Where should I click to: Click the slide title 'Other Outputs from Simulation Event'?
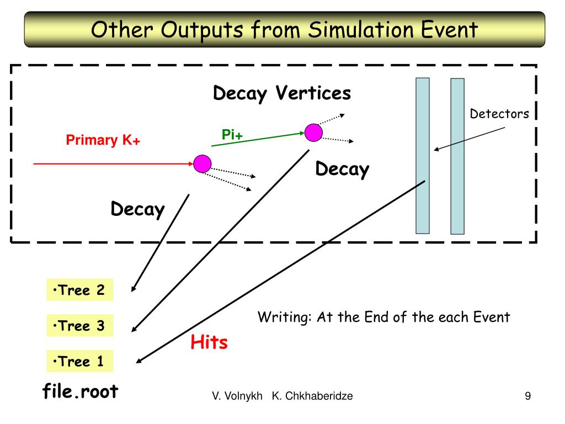[x=284, y=29]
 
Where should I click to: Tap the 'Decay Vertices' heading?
[x=282, y=93]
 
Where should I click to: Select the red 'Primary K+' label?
[x=103, y=140]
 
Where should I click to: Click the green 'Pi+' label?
[x=232, y=134]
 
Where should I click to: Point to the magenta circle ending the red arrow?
[x=202, y=163]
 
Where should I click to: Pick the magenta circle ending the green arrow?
[x=313, y=132]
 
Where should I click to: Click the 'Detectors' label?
[x=499, y=114]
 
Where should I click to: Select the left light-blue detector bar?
[x=423, y=156]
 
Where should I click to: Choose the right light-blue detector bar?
[x=457, y=156]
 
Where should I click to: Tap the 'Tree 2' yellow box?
[x=79, y=290]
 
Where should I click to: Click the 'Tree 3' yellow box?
[x=79, y=326]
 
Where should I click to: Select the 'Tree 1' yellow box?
[x=79, y=362]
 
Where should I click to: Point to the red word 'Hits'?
[x=209, y=342]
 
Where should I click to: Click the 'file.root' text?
[x=81, y=391]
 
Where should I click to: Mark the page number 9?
[x=527, y=396]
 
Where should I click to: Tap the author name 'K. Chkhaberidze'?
[x=312, y=396]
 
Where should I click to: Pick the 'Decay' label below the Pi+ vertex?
[x=342, y=169]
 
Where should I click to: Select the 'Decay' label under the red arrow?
[x=138, y=209]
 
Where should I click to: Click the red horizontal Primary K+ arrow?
[x=110, y=164]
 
